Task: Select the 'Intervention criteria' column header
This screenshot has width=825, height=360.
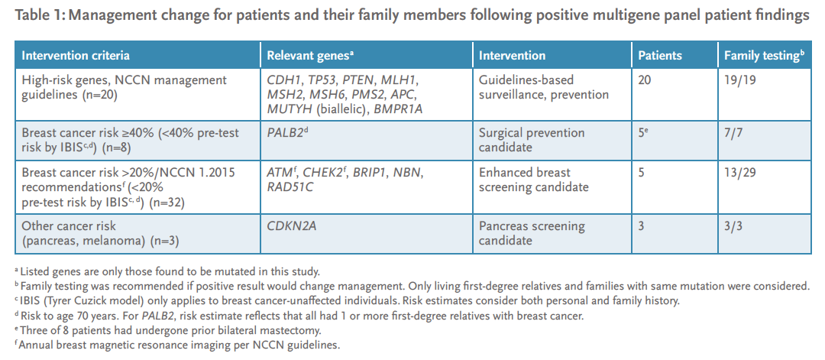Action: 76,56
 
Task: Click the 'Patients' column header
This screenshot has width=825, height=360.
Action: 660,56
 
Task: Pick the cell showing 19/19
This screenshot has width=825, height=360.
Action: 740,80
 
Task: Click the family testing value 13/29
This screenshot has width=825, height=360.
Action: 740,174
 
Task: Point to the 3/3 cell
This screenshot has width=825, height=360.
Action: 734,226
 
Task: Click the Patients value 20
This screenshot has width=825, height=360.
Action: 645,80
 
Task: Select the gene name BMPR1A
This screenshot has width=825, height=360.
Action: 398,109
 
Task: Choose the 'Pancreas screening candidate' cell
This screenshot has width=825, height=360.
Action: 532,233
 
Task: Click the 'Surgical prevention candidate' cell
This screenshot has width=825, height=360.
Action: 532,140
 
